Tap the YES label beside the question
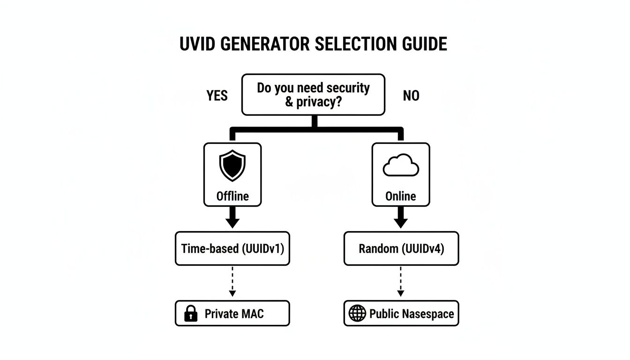(x=217, y=96)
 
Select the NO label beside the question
(x=411, y=96)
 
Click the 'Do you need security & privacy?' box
(x=313, y=94)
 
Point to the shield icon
(x=232, y=165)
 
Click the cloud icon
(x=400, y=165)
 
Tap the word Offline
(x=232, y=196)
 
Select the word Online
(x=400, y=196)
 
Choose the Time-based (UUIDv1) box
(x=232, y=248)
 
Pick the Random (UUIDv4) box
(x=401, y=248)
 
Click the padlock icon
(x=191, y=314)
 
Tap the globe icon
(x=357, y=314)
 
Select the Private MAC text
(x=234, y=314)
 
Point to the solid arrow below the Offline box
(x=232, y=218)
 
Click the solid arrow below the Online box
(x=400, y=218)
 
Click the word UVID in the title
(x=197, y=44)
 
